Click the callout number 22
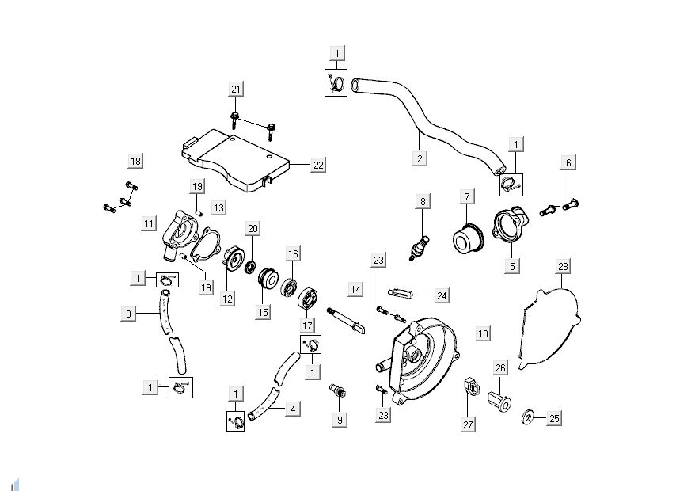(x=318, y=165)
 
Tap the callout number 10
(x=483, y=333)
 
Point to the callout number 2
(x=420, y=158)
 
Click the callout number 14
(x=355, y=290)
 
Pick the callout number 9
(x=340, y=420)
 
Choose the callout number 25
(x=553, y=417)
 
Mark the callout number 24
(x=442, y=295)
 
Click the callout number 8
(x=423, y=201)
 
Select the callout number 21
(x=235, y=89)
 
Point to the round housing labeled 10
(x=423, y=356)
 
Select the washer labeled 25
(x=526, y=416)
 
